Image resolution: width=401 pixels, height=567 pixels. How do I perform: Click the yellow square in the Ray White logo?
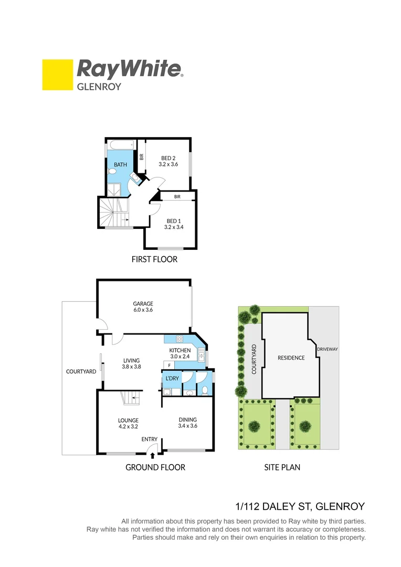pos(58,75)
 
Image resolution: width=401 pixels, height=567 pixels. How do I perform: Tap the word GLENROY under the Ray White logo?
pos(99,87)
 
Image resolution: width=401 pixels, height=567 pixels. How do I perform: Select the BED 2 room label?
pos(168,161)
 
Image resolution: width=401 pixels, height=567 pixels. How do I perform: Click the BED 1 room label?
pos(174,224)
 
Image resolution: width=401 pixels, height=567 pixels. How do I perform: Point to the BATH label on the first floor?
pos(120,165)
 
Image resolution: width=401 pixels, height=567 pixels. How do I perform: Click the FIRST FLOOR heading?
pos(154,259)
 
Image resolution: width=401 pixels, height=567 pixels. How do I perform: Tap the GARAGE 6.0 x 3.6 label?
pos(142,307)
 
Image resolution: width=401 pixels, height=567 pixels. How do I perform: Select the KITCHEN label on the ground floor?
pos(180,350)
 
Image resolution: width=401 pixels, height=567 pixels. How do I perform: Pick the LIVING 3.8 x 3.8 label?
pos(131,364)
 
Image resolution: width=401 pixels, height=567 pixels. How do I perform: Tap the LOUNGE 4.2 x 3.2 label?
pos(128,424)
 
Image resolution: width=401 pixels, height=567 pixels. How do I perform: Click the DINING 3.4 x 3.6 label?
pos(187,423)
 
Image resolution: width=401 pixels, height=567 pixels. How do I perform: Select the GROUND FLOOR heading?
pos(155,467)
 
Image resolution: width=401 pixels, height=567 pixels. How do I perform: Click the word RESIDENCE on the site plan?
pos(291,358)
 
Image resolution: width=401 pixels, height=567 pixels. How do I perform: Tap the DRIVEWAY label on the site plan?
pos(326,349)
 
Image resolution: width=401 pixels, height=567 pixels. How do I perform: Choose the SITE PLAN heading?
pos(282,467)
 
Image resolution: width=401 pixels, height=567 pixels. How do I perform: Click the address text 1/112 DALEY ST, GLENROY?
pos(299,507)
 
